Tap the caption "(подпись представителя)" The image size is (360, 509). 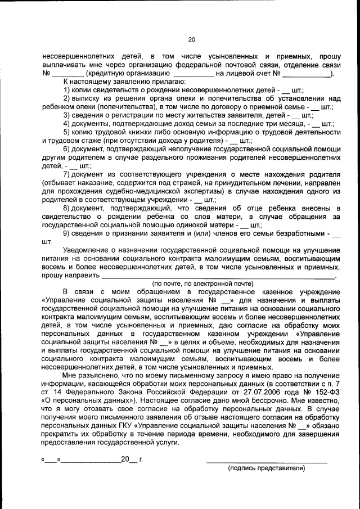[266, 468]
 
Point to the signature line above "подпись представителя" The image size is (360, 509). [267, 461]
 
